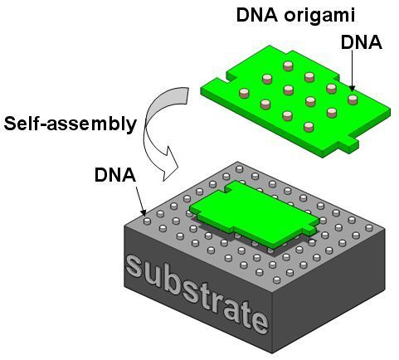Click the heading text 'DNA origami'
295,16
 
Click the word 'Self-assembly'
71,124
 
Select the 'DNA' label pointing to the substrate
115,175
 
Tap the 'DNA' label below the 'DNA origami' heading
362,42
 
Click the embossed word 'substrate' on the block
197,294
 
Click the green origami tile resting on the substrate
254,214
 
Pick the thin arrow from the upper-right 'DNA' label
352,71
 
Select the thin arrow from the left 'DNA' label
140,201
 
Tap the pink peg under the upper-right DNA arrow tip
353,100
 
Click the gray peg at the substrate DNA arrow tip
147,221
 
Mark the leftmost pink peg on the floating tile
244,93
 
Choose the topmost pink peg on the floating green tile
288,66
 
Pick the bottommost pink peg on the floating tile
309,127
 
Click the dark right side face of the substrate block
328,290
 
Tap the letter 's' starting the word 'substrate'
134,267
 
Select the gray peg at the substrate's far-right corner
369,227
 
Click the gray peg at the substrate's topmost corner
239,168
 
